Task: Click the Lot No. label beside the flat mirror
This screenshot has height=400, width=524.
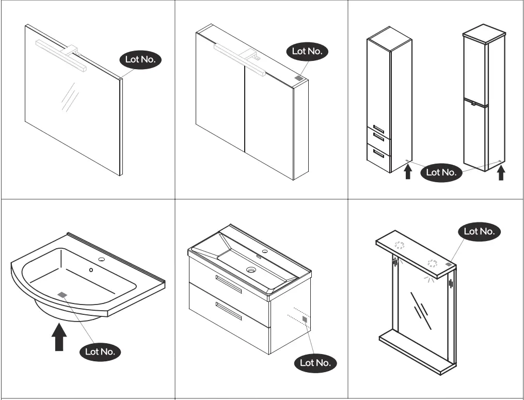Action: pos(141,59)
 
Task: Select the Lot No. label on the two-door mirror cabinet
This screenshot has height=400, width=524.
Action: pos(307,51)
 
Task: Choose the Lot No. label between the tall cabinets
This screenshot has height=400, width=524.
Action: pos(441,172)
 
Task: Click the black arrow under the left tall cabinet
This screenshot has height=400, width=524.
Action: pos(408,171)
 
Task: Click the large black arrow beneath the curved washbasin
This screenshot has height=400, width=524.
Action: pos(60,336)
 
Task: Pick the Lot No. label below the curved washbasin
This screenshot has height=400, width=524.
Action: pos(101,352)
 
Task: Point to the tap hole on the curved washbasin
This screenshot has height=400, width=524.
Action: pos(101,259)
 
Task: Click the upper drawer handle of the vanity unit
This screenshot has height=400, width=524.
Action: pos(229,284)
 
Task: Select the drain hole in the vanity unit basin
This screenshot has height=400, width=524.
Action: pos(251,269)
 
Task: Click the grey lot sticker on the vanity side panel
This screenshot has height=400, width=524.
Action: pos(305,320)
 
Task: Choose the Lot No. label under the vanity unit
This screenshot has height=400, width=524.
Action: pos(315,363)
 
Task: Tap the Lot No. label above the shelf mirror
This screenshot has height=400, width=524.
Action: pos(480,231)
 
